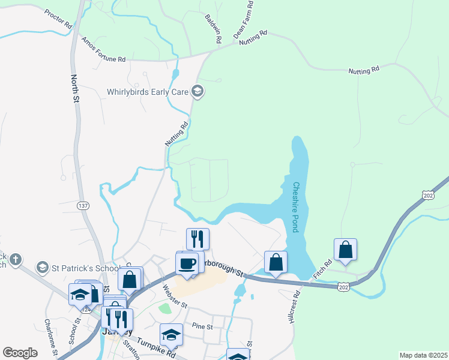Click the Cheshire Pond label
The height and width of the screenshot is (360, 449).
tap(296, 208)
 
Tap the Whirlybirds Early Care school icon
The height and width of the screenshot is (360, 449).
tap(197, 92)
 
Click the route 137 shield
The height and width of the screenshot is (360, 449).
tap(82, 206)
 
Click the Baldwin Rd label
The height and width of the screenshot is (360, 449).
tap(214, 28)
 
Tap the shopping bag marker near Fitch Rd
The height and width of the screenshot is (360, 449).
tap(345, 250)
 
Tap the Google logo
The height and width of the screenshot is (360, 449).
tap(20, 353)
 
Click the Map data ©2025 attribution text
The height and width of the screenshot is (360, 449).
tap(423, 355)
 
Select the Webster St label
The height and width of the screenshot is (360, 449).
tap(175, 296)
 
